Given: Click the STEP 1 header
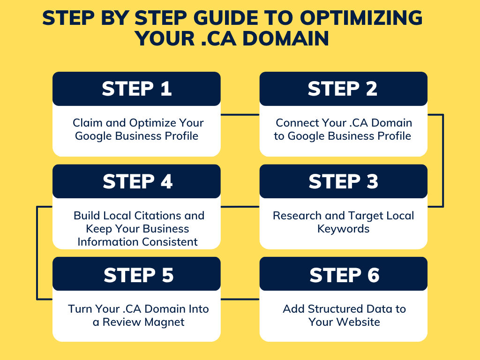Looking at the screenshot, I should pyautogui.click(x=136, y=89).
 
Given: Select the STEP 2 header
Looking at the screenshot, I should pyautogui.click(x=343, y=89).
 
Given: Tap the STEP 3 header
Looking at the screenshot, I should pyautogui.click(x=343, y=181).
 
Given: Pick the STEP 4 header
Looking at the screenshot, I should pyautogui.click(x=136, y=181).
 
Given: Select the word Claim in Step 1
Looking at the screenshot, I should pyautogui.click(x=86, y=123).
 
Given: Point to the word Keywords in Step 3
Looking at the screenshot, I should pyautogui.click(x=343, y=229).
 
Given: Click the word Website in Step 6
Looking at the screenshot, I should pyautogui.click(x=357, y=322).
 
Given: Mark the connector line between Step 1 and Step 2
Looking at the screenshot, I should pyautogui.click(x=240, y=114).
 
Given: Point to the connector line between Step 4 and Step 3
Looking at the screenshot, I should pyautogui.click(x=240, y=206).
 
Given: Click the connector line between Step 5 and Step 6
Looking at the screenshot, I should pyautogui.click(x=240, y=299).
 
